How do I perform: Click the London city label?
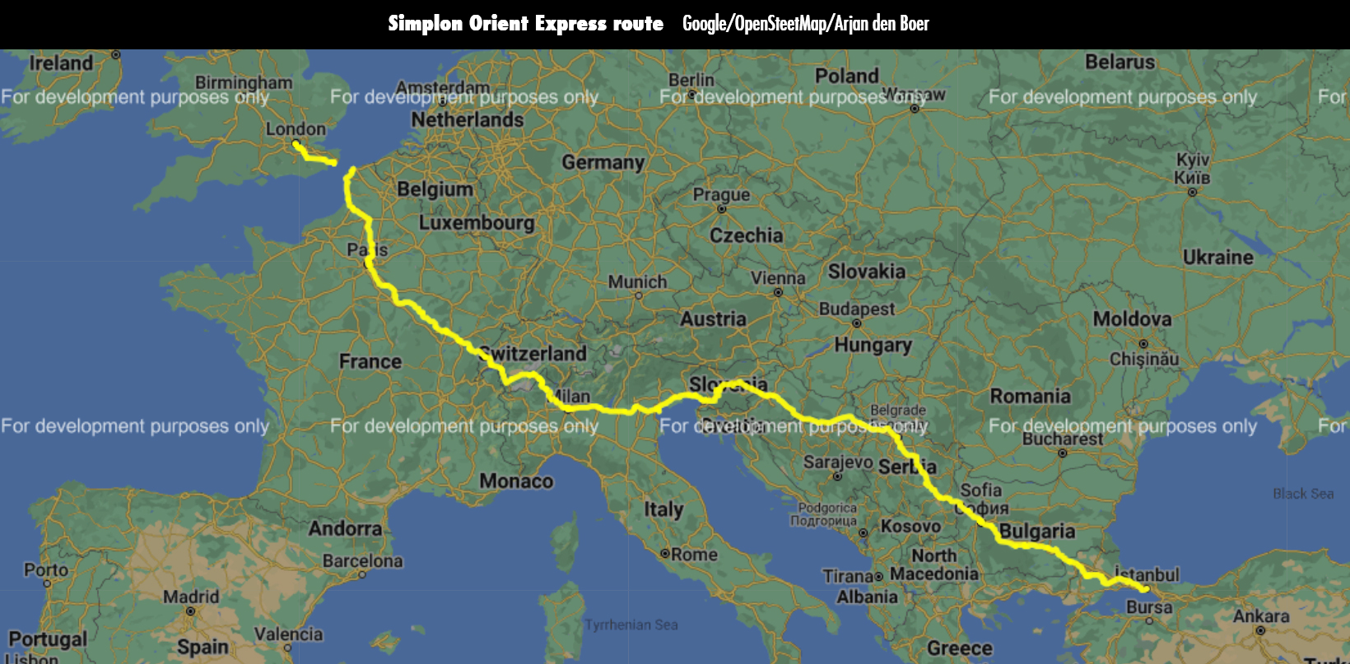coord(296,129)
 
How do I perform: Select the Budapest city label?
coord(856,309)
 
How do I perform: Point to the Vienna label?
coord(778,278)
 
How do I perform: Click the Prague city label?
coord(721,195)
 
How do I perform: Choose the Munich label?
coord(637,281)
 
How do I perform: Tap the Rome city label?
coord(694,555)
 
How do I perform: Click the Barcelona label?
coord(362,561)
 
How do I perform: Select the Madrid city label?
coord(191,597)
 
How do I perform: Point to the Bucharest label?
coord(1062,439)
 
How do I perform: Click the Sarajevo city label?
coord(838,462)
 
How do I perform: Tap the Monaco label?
coord(516,481)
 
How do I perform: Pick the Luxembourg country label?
coord(477,223)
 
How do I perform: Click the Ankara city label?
coord(1260,616)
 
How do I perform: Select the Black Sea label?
coord(1302,494)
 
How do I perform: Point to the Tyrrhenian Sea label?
coord(631,625)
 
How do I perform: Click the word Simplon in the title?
coord(424,24)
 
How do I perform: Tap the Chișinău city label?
coord(1143,359)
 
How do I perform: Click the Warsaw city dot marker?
coord(914,109)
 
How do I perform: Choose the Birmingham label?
coord(244,82)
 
